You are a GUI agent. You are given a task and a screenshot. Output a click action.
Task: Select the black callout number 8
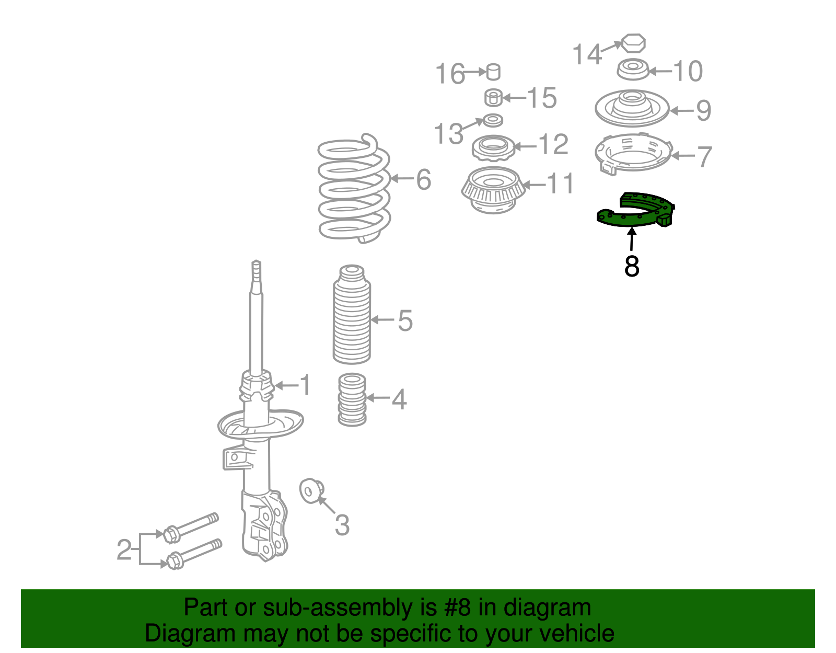(632, 266)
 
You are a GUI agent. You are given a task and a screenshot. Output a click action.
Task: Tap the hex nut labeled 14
(633, 43)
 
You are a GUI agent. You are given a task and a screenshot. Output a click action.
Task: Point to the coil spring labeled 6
(354, 189)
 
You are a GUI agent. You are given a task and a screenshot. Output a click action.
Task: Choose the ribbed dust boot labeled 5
(352, 314)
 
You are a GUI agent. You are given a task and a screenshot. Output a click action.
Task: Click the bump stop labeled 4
(352, 399)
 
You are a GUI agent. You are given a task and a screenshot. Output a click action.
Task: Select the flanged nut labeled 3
(311, 490)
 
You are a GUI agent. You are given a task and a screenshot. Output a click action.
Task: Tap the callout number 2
(124, 550)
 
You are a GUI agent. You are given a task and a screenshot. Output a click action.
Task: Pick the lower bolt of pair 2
(194, 554)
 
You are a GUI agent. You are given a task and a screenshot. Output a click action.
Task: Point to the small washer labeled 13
(493, 120)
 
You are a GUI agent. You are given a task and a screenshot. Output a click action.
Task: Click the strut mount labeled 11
(493, 190)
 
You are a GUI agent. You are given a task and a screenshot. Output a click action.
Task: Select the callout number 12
(554, 145)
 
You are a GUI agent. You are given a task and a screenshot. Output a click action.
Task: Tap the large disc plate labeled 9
(632, 108)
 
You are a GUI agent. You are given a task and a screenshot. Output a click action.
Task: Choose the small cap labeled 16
(493, 72)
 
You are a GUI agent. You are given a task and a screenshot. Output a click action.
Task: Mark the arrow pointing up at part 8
(631, 239)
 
